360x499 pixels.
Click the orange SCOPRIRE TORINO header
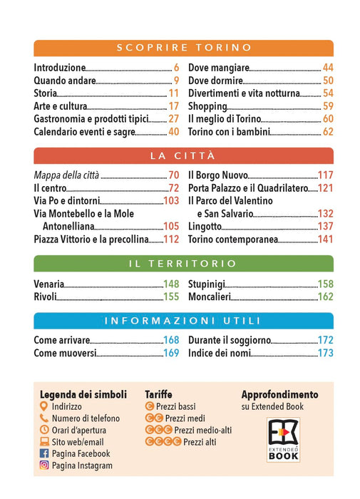click(x=184, y=48)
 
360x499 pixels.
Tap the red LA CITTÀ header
click(x=184, y=155)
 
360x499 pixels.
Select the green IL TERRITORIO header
click(x=184, y=264)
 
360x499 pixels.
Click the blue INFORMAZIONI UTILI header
click(x=184, y=321)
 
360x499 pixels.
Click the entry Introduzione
click(x=60, y=68)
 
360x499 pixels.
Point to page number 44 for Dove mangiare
click(x=328, y=68)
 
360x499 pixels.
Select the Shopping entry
click(x=207, y=106)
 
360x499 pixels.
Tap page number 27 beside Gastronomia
click(x=174, y=119)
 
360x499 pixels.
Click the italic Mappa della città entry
click(x=66, y=175)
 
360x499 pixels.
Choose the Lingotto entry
click(x=205, y=227)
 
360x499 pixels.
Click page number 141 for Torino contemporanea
click(x=326, y=240)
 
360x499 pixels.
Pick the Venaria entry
click(x=48, y=284)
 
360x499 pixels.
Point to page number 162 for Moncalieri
click(x=326, y=297)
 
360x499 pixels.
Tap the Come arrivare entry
click(x=62, y=340)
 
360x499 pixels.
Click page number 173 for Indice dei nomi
click(x=326, y=353)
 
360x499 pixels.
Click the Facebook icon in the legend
click(x=44, y=453)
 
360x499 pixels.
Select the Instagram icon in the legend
click(x=44, y=465)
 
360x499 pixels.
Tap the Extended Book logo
click(x=283, y=440)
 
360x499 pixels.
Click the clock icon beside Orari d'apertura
click(x=44, y=430)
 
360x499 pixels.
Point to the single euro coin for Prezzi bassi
click(x=150, y=406)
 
